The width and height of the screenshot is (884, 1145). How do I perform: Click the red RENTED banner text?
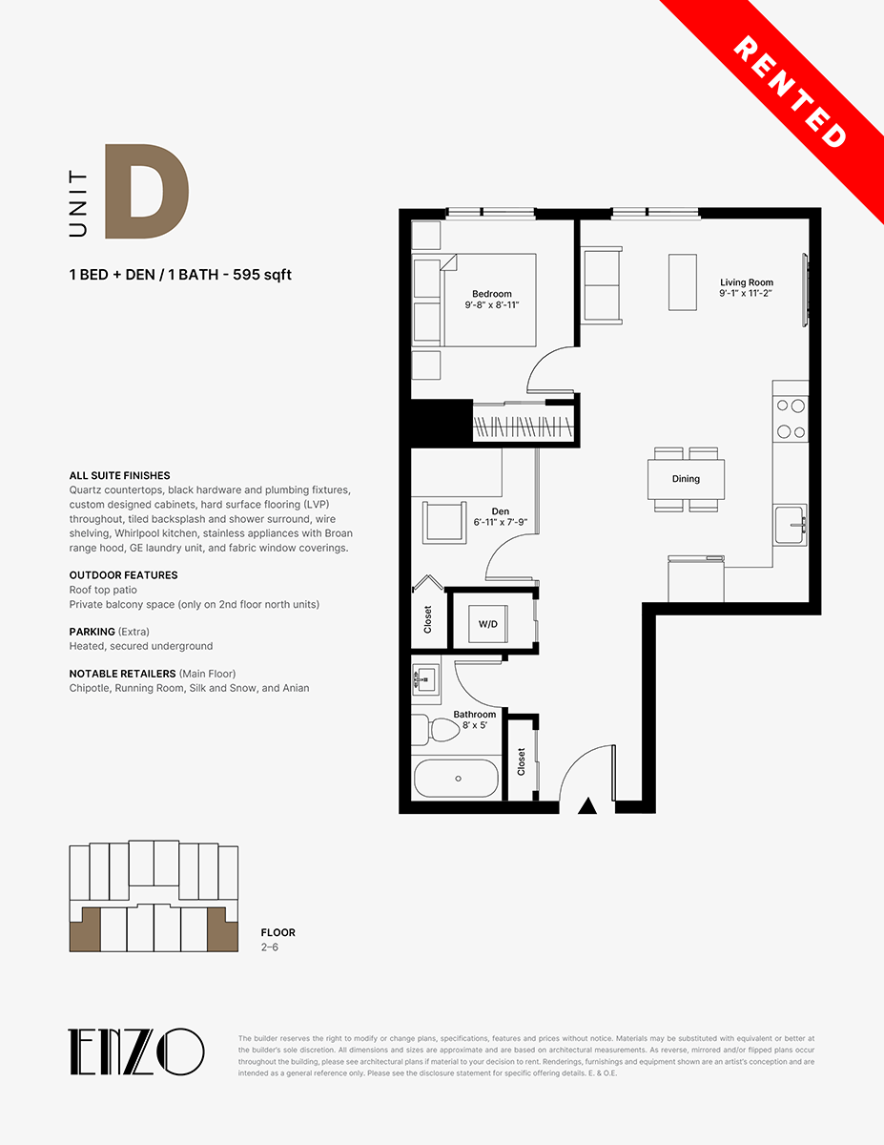pos(790,92)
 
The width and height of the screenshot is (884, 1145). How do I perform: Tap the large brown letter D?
pos(147,191)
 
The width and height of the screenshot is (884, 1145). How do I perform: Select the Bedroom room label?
pos(492,294)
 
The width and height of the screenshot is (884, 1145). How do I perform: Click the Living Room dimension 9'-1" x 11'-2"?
pos(746,294)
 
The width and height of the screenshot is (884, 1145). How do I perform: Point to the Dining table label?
pos(686,478)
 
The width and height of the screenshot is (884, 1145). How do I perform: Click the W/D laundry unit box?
pos(488,624)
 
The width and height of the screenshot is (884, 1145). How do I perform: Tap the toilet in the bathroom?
pos(434,730)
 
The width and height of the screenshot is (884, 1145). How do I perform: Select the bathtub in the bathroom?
pos(456,778)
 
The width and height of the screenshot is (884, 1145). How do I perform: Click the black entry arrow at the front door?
pos(587,805)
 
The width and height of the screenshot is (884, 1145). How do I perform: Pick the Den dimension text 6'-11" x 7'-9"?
pos(501,522)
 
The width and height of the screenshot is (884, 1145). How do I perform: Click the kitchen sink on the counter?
pos(790,525)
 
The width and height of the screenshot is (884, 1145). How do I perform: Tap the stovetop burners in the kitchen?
pos(791,419)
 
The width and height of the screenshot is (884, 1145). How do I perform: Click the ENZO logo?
pos(135,1051)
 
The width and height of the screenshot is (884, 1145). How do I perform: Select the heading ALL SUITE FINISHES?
pos(119,475)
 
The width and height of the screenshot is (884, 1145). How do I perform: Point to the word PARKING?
pos(93,632)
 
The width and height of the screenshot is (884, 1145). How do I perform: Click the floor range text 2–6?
pos(270,947)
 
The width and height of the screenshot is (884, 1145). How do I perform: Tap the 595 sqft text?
pos(261,275)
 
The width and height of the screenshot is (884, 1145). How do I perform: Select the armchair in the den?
pos(444,522)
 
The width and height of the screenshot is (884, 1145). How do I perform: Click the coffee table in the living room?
pos(683,282)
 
